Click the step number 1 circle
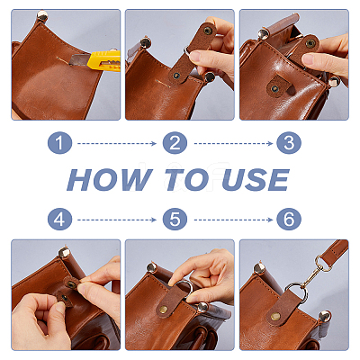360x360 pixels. click(x=59, y=143)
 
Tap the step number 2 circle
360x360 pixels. click(x=175, y=143)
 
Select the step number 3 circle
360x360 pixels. click(x=289, y=143)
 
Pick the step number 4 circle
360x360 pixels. click(x=59, y=220)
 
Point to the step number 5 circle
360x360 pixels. click(x=175, y=220)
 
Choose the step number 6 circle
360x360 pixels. click(x=289, y=220)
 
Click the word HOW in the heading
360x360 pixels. click(x=110, y=179)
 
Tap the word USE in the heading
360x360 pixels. click(x=256, y=179)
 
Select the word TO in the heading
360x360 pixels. click(x=186, y=179)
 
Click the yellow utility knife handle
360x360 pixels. click(x=105, y=61)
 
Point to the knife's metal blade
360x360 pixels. click(x=79, y=59)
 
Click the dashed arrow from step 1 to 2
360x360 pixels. click(x=117, y=144)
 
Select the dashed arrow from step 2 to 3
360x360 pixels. click(x=233, y=144)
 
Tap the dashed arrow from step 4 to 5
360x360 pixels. click(x=117, y=220)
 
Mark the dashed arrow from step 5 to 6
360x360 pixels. click(x=233, y=220)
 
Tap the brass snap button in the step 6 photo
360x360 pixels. click(x=275, y=316)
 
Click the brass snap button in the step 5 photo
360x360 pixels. click(x=164, y=310)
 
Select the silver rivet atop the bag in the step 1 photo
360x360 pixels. click(x=42, y=15)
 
